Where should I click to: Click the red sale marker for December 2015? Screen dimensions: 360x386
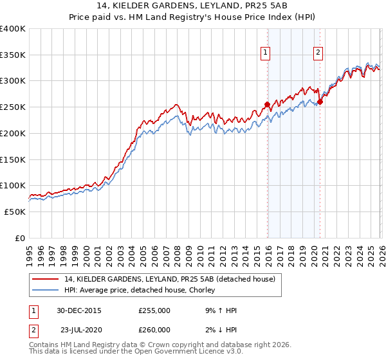coord(267,104)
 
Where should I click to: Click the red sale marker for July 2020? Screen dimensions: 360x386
coord(320,102)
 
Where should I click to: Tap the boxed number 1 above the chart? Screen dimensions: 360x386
coord(266,53)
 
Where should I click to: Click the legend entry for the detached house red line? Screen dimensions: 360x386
coord(170,279)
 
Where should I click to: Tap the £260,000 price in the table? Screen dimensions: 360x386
coord(154,330)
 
